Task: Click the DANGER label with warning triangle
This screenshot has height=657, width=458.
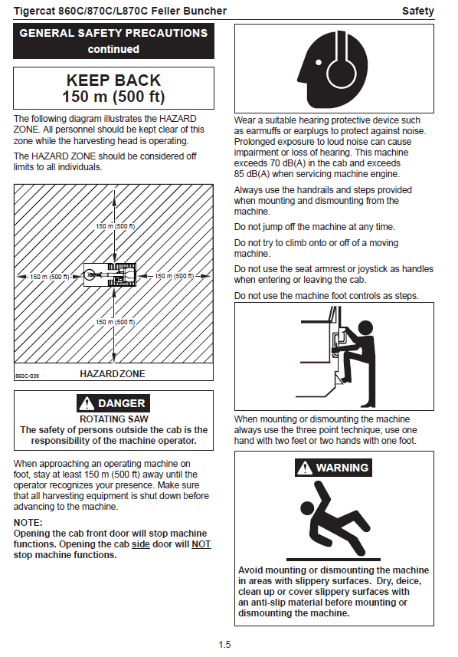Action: (113, 403)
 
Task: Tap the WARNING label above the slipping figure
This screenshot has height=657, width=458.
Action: (333, 468)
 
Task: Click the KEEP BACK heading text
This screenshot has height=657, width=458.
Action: (113, 80)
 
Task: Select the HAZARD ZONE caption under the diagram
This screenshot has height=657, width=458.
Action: (112, 374)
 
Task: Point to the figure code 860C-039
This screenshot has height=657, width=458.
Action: (28, 376)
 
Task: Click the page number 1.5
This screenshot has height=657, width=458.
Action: (225, 645)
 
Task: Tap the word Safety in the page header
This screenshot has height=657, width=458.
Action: (418, 11)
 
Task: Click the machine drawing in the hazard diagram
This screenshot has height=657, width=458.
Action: (110, 275)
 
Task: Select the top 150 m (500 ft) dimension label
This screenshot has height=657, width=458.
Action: (116, 226)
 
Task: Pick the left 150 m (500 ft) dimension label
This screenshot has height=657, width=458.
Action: (50, 277)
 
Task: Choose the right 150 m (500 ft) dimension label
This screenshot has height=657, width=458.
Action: (174, 276)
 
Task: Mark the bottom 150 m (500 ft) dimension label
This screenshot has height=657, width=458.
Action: (116, 322)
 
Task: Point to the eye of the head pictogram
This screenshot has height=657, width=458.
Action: (319, 64)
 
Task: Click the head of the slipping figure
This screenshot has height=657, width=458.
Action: (308, 508)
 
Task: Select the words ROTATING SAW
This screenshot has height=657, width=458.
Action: (114, 419)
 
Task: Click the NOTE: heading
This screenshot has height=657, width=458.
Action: (28, 523)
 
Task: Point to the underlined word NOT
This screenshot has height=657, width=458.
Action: (201, 544)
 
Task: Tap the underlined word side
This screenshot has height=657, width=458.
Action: (141, 544)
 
